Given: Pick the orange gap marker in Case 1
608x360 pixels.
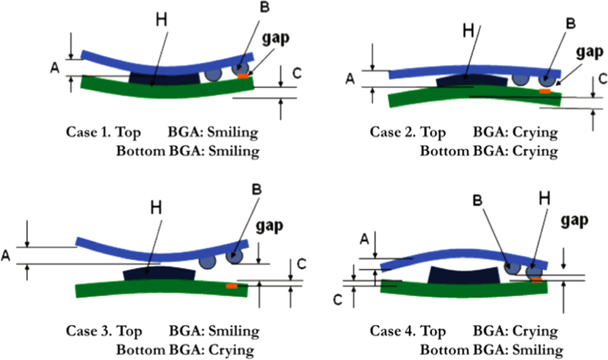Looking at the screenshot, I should point(244,74).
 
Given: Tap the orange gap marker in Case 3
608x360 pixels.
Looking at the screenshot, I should point(231,286).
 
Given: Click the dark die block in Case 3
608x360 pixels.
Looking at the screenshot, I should point(159,273).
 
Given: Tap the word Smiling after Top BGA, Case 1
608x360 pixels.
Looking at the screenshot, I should point(232,133).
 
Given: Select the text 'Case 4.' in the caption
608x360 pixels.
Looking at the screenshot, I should point(391,331).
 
